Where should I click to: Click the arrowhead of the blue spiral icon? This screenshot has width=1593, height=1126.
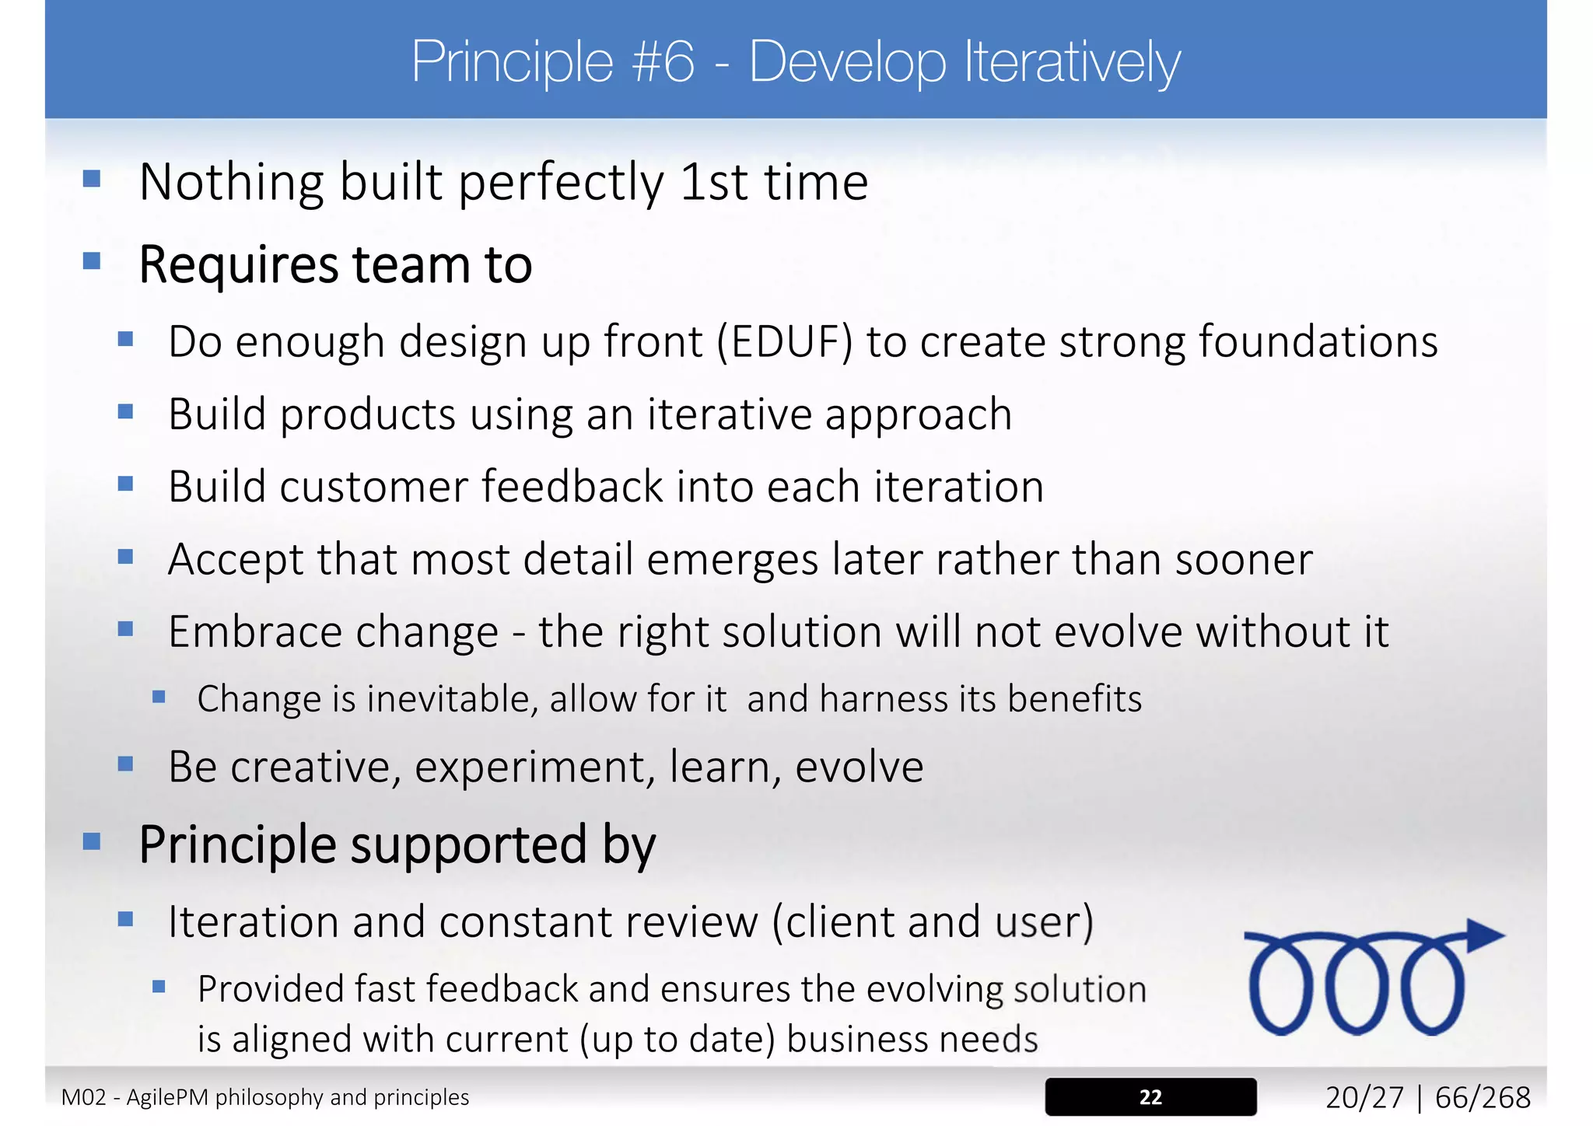coord(1484,935)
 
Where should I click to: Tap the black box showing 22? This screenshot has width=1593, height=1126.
coord(1150,1097)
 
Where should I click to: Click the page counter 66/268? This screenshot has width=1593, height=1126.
coord(1482,1098)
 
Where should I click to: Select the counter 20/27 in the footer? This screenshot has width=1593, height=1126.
coord(1364,1098)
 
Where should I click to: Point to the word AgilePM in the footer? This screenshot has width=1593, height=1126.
coord(168,1098)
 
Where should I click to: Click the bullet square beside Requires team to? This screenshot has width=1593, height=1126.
coord(92,261)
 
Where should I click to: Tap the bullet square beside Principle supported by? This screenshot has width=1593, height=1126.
coord(92,841)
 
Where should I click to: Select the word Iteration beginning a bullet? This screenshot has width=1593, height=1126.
coord(253,922)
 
